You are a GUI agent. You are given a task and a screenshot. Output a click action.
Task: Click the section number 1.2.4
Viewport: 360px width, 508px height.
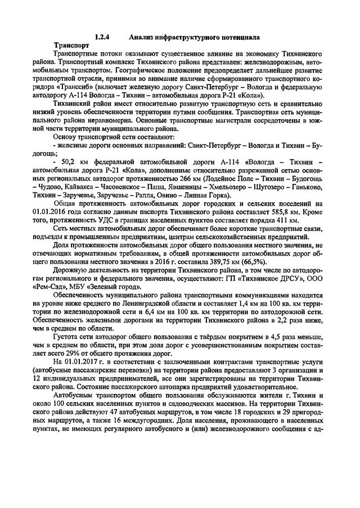(102, 37)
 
